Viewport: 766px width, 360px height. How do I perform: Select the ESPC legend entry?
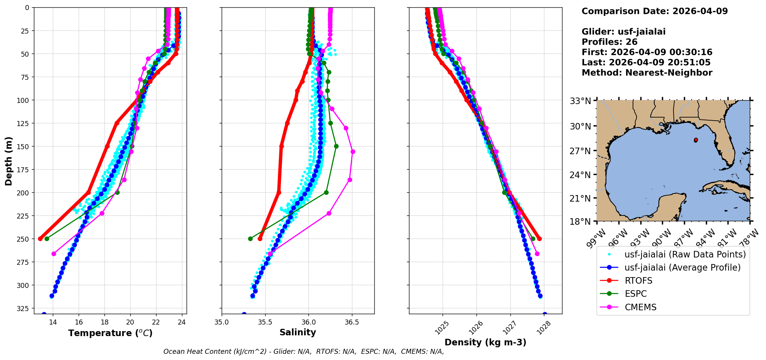click(x=635, y=294)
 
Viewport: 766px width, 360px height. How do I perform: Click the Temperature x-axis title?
click(x=110, y=333)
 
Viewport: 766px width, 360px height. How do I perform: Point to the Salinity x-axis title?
click(x=298, y=332)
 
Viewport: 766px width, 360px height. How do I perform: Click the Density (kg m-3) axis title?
click(x=485, y=342)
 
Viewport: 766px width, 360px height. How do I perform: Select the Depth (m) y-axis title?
click(x=8, y=161)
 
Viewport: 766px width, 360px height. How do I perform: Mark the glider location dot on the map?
click(x=696, y=140)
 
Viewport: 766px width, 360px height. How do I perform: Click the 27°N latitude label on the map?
click(x=580, y=151)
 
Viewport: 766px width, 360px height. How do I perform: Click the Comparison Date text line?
click(x=655, y=11)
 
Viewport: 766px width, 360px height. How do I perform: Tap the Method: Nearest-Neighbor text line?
click(x=647, y=73)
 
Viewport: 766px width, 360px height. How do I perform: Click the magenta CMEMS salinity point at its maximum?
click(x=353, y=152)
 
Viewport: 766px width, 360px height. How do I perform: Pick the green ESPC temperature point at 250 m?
click(x=47, y=239)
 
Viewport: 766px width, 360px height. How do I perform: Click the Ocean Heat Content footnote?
click(x=303, y=352)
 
